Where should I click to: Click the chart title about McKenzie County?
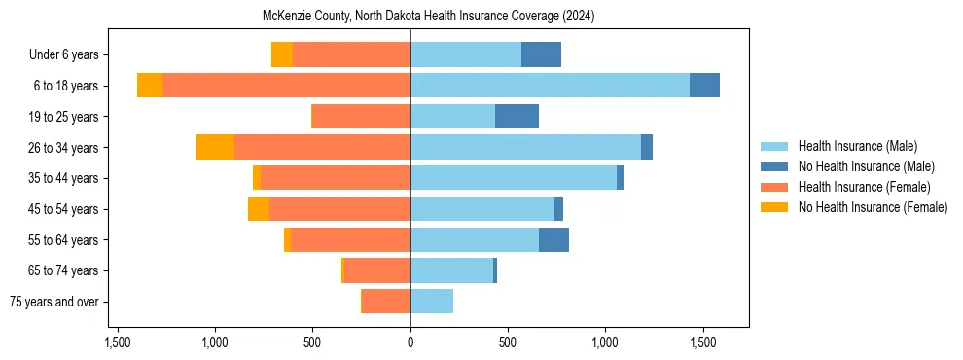428,17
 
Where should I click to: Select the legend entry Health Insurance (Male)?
857,146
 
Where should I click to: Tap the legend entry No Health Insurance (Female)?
873,207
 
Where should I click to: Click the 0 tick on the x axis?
410,342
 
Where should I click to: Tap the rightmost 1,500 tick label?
703,342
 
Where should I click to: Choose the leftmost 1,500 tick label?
117,342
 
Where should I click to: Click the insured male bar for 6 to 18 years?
550,86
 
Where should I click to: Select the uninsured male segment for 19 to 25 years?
517,117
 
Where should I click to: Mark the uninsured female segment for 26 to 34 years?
215,147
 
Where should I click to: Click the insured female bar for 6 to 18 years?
286,86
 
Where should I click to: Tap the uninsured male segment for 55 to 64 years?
553,239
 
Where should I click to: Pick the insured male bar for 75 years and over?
432,302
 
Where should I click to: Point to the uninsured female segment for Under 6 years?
282,54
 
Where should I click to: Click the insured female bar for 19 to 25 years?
361,117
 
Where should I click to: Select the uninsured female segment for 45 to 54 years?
259,209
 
